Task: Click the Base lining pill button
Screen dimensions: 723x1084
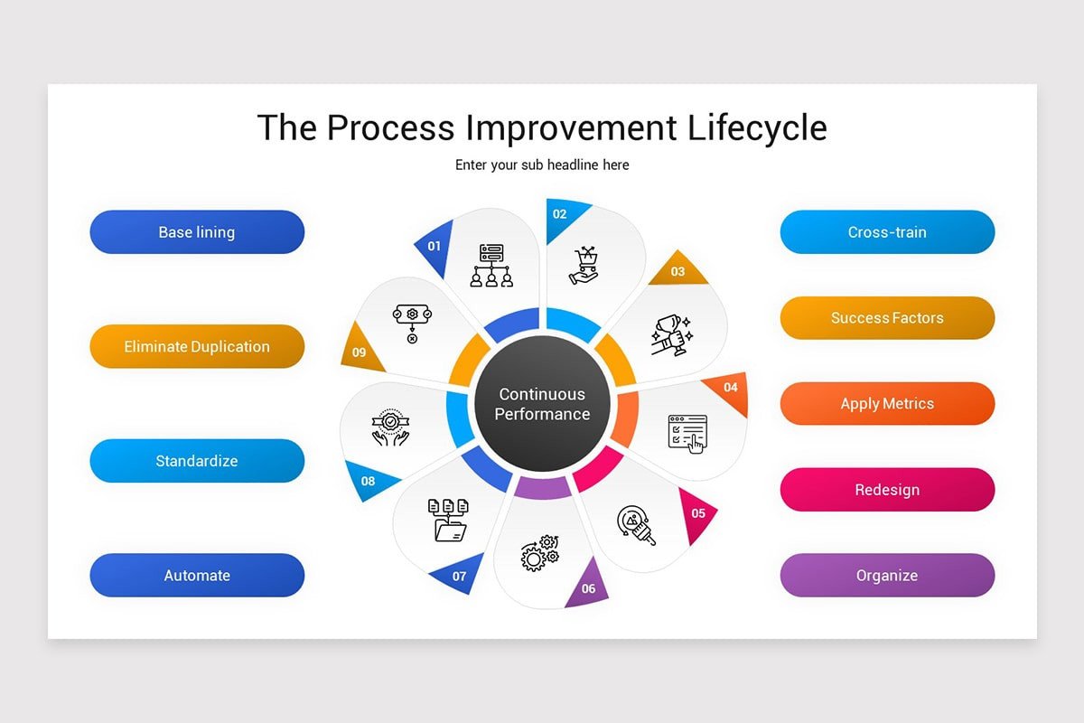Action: (x=197, y=232)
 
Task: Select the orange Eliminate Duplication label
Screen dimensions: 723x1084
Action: (x=197, y=346)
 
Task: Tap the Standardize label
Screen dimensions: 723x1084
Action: (x=197, y=461)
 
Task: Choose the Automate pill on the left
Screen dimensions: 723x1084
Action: (x=197, y=576)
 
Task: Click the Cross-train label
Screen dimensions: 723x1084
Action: (x=887, y=232)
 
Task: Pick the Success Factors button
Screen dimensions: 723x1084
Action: (x=887, y=318)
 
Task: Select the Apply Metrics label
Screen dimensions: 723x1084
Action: (x=887, y=404)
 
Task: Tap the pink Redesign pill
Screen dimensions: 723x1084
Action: (x=887, y=490)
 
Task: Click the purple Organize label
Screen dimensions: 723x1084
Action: (x=887, y=576)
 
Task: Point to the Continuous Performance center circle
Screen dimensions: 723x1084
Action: (x=542, y=404)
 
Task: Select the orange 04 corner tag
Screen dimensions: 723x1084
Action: (x=730, y=389)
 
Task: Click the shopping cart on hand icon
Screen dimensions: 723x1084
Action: (x=584, y=264)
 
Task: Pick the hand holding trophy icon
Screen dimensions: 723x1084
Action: (x=671, y=334)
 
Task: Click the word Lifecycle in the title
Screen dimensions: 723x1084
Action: (x=757, y=127)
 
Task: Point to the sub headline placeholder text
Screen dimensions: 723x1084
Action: (x=542, y=165)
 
